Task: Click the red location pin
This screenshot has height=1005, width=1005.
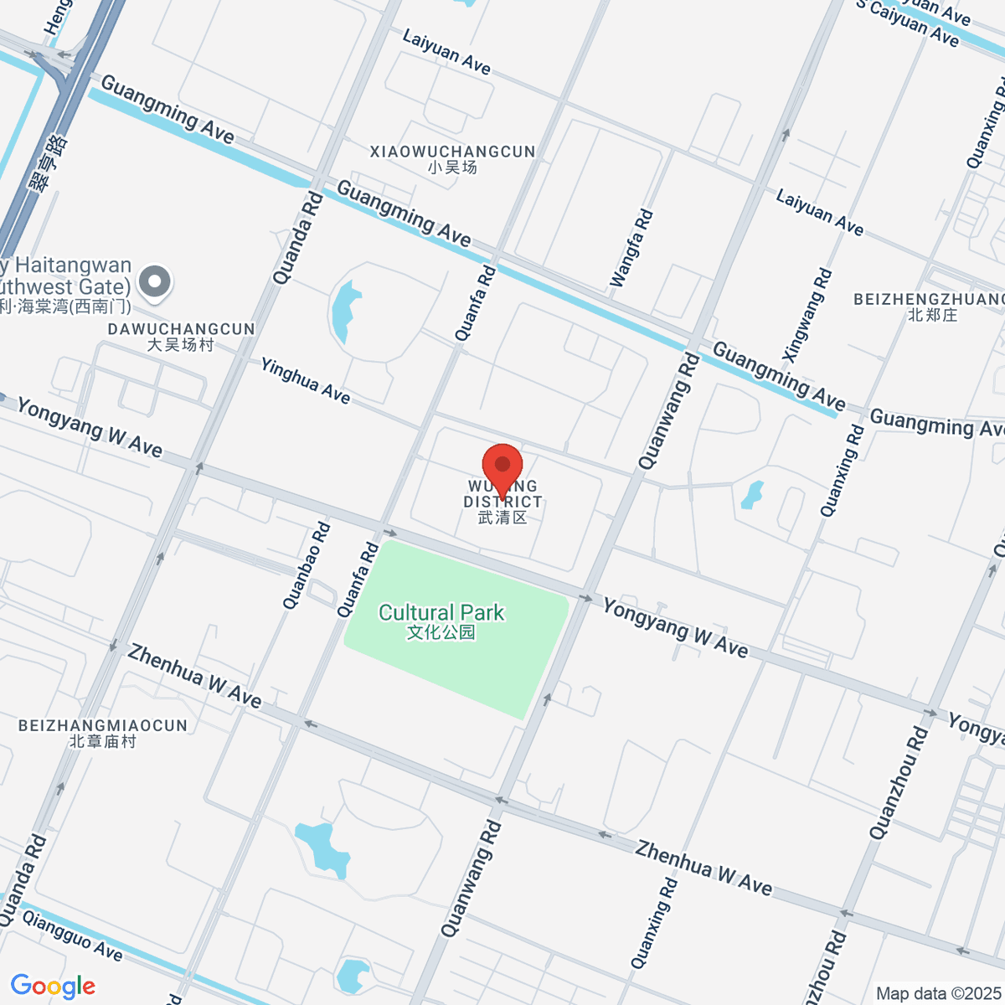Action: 502,465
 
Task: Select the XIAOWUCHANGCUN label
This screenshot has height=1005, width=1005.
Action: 452,152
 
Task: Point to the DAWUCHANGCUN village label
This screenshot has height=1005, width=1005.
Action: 181,329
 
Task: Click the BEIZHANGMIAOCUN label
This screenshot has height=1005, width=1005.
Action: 103,725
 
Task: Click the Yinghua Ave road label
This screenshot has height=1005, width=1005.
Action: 305,380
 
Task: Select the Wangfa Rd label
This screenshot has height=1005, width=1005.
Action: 631,248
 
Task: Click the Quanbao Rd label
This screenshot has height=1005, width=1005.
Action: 307,565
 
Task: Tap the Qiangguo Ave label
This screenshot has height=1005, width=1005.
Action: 72,935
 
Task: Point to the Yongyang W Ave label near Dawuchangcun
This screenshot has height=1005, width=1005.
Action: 90,427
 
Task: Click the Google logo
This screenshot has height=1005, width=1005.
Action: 53,987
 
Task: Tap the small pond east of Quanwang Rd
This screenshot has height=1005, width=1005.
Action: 752,495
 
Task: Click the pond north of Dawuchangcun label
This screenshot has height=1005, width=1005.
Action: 344,311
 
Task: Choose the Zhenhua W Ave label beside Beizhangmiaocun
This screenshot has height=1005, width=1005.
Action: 194,675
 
